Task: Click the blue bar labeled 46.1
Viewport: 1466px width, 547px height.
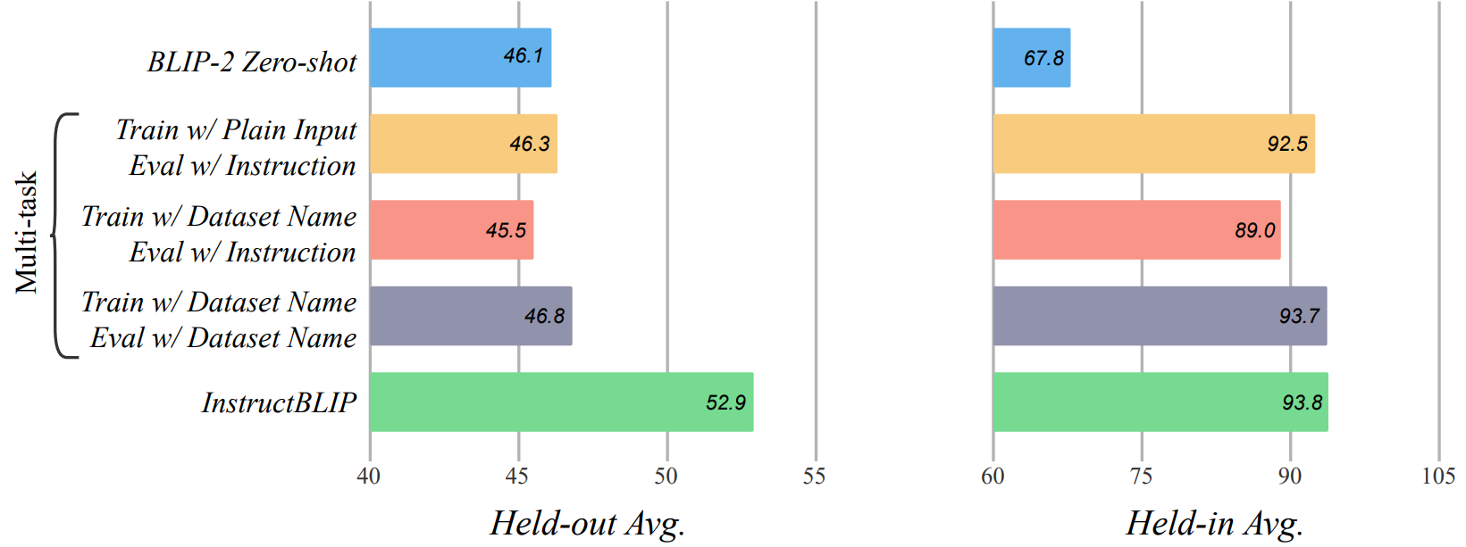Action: pyautogui.click(x=460, y=57)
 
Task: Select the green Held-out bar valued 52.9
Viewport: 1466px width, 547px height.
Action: pyautogui.click(x=562, y=402)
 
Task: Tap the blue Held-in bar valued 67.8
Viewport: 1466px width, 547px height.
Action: pyautogui.click(x=1032, y=57)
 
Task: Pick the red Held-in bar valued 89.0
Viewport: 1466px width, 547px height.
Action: pyautogui.click(x=1137, y=230)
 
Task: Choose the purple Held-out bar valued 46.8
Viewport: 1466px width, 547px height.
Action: pyautogui.click(x=471, y=316)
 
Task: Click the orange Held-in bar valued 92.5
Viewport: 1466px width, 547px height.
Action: pyautogui.click(x=1154, y=144)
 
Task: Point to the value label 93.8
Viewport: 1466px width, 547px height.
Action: pyautogui.click(x=1303, y=402)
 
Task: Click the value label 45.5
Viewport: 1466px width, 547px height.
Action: pyautogui.click(x=506, y=230)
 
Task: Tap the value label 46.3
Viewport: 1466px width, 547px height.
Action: pyautogui.click(x=530, y=144)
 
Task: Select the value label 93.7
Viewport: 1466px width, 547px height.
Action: pyautogui.click(x=1300, y=316)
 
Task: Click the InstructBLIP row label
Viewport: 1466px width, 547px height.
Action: pyautogui.click(x=279, y=402)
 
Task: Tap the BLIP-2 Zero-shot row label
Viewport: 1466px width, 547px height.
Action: pyautogui.click(x=252, y=62)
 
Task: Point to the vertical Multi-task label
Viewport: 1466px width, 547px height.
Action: pyautogui.click(x=26, y=232)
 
